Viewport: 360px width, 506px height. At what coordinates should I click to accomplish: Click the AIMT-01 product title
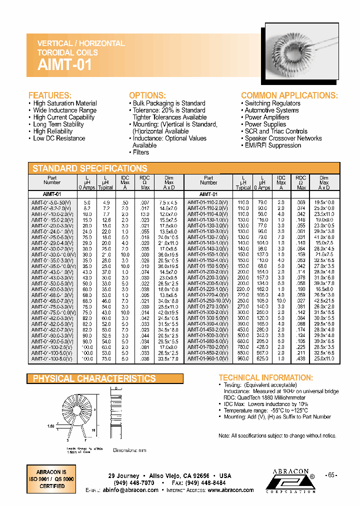[65, 64]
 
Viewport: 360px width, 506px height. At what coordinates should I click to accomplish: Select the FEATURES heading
[50, 95]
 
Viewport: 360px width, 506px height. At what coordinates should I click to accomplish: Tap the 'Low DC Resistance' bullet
[59, 138]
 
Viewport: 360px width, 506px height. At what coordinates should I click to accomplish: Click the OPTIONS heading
[147, 95]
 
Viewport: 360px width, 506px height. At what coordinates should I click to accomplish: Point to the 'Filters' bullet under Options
[140, 152]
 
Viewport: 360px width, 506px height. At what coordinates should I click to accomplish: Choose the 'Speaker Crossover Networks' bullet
[283, 138]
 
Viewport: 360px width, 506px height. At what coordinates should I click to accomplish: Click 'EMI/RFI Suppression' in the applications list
[272, 145]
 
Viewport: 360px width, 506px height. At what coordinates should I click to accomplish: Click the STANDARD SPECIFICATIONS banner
[90, 168]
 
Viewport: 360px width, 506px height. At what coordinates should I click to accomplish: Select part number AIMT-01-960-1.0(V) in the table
[207, 359]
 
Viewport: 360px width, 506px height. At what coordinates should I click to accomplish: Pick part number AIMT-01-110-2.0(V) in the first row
[207, 202]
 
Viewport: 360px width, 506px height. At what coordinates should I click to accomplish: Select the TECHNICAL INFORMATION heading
[265, 378]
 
